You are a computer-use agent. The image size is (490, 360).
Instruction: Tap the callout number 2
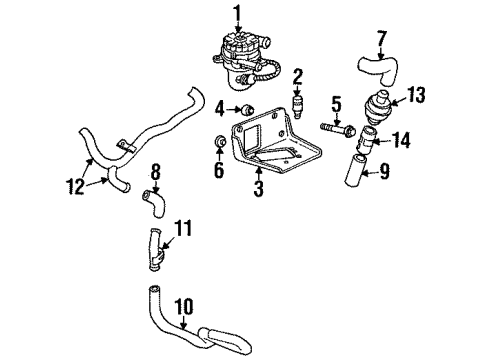coord(298,75)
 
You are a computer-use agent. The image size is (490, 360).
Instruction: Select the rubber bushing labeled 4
coord(245,109)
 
